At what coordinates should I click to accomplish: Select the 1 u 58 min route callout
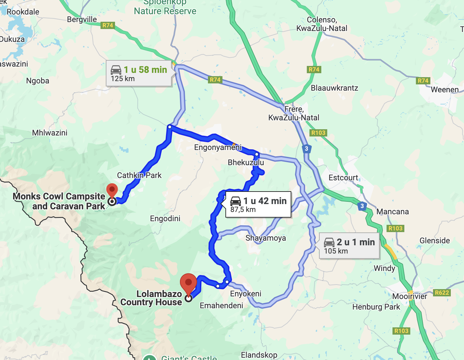point(139,74)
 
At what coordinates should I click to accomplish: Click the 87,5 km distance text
point(243,210)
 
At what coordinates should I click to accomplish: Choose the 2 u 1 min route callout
point(349,246)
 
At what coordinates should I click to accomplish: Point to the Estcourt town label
point(343,178)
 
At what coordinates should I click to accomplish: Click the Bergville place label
point(82,19)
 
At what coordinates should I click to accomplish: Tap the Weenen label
point(444,90)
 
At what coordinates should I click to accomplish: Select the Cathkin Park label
point(139,175)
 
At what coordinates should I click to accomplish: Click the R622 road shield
point(442,293)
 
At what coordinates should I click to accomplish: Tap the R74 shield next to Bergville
point(108,25)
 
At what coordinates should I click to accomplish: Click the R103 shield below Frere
point(318,133)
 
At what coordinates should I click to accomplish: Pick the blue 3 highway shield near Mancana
point(362,206)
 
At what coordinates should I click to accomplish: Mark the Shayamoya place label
point(266,238)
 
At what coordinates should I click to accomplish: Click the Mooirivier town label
point(409,296)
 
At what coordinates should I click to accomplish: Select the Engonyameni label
point(218,147)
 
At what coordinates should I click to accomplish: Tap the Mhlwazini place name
point(50,133)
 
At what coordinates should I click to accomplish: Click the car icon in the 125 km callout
point(116,70)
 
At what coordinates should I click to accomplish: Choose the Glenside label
point(434,241)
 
